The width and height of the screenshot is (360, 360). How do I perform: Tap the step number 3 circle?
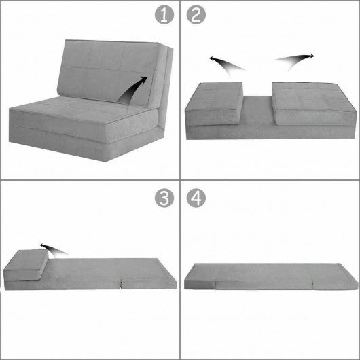coord(162,197)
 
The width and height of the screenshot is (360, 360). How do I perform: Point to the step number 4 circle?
coord(197,197)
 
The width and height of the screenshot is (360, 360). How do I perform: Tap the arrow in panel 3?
coord(51,248)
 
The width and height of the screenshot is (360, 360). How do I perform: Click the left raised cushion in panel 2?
coord(214,102)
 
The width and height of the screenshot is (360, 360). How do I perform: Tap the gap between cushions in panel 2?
coord(258,112)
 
